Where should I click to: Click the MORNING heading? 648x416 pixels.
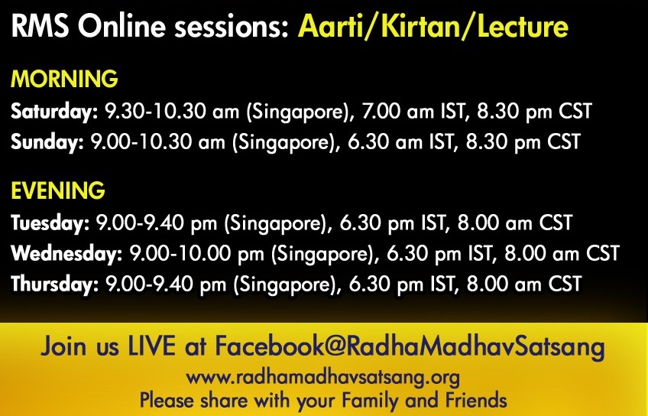(x=64, y=79)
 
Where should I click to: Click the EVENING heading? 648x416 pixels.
(x=58, y=190)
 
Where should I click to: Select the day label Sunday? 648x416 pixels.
(x=47, y=142)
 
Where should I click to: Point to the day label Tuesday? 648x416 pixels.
(x=50, y=223)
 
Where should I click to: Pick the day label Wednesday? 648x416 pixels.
(x=66, y=253)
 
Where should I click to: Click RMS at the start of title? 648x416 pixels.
(x=40, y=26)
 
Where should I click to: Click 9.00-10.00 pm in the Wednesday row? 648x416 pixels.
(x=196, y=253)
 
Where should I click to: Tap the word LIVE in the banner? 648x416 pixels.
(x=152, y=346)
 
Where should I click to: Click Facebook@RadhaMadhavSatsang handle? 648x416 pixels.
(x=410, y=347)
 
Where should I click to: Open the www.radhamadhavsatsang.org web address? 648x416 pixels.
(x=322, y=378)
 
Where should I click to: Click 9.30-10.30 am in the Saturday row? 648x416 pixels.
(x=172, y=112)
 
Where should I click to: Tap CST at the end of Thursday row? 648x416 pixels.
(x=565, y=284)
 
